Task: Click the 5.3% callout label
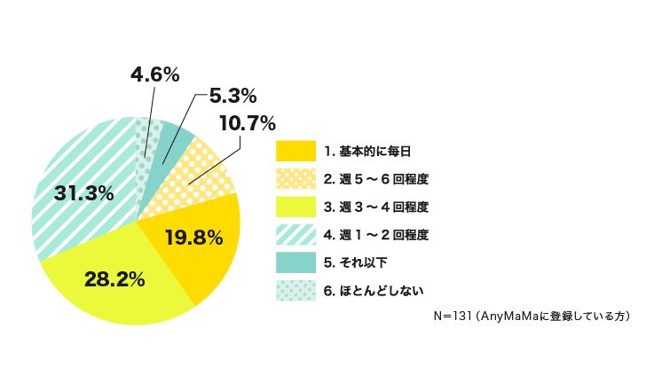coord(232,95)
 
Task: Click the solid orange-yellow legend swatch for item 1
coord(296,151)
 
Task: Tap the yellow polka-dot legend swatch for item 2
coord(296,179)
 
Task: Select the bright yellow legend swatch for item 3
coord(296,207)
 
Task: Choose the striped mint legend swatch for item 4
coord(296,234)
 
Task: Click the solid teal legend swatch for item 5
coord(296,262)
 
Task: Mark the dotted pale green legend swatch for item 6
coord(296,290)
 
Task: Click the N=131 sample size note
coord(532,316)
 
